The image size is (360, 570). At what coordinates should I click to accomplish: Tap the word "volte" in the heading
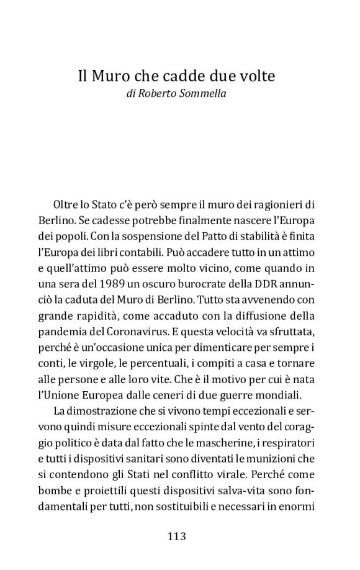(x=256, y=77)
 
